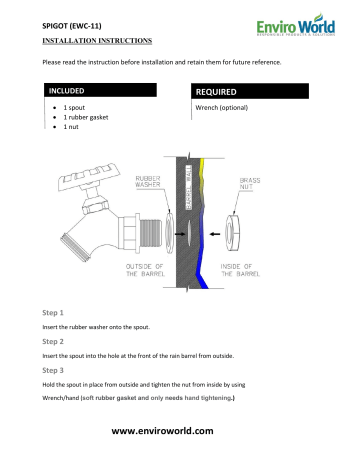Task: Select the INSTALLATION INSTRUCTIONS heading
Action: tap(97, 42)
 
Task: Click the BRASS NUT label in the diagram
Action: tap(250, 185)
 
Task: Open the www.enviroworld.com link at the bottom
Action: tap(179, 430)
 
